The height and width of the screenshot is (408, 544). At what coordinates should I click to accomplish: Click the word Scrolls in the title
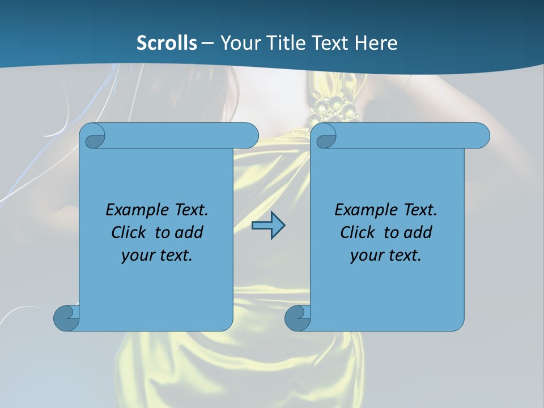tap(167, 42)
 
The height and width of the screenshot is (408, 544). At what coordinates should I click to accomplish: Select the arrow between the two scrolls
tap(268, 226)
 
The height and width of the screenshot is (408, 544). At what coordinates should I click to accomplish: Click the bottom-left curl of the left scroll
tap(66, 318)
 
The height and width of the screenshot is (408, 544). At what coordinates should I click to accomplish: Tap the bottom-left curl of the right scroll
tap(297, 318)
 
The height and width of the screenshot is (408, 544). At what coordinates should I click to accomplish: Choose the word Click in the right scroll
tap(358, 232)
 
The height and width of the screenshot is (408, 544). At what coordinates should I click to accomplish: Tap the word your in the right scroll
tap(365, 256)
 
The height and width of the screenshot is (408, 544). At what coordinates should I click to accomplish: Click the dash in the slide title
tap(207, 43)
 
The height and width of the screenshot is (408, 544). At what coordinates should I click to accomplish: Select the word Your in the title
tap(240, 42)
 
